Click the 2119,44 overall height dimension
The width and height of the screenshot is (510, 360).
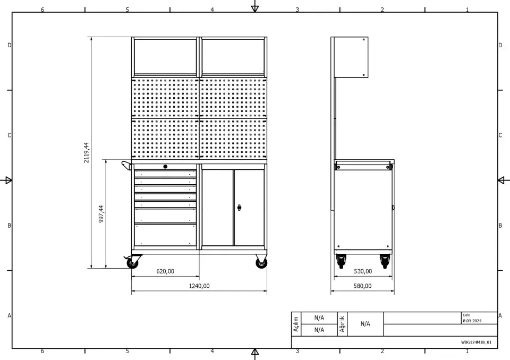coord(86,152)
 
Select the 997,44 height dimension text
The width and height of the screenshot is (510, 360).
coord(101,213)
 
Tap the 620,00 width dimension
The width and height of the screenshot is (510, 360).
coord(165,271)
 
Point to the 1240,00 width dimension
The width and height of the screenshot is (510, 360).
coord(199,286)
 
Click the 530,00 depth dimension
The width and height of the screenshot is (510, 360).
coord(363,271)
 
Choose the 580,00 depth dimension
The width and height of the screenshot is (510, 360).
coord(362,286)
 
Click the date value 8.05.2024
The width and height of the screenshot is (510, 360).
coord(472,321)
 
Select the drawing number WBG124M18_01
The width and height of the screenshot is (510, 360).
coord(476,342)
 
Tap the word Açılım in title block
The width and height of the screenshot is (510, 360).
coord(296,324)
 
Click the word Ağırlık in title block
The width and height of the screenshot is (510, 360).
coord(342,324)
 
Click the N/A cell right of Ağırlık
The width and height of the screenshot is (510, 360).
coord(365,324)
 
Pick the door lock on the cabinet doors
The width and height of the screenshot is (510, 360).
coord(240,208)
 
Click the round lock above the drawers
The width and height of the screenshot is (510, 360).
coord(165,167)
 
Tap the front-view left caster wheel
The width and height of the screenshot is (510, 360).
coord(132,262)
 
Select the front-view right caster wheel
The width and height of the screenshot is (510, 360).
coord(261,262)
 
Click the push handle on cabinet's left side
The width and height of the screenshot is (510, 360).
coord(126,165)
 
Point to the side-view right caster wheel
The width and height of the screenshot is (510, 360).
coord(385,261)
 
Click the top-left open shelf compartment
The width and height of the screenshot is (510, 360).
coord(165,57)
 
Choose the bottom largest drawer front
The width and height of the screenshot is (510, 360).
coord(165,235)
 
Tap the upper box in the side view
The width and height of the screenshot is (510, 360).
coord(351,57)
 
